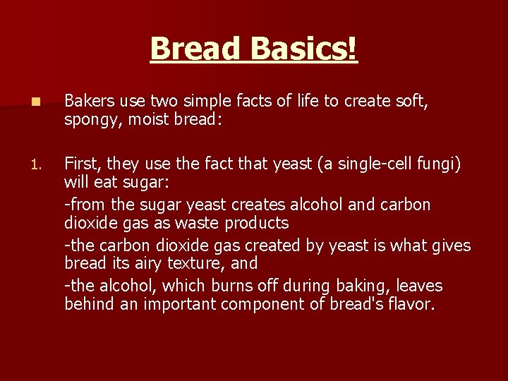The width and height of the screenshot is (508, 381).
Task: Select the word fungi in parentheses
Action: (437, 164)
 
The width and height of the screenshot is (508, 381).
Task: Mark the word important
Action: (179, 305)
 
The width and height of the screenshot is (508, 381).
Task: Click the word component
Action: (267, 305)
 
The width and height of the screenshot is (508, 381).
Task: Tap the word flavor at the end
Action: (411, 304)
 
